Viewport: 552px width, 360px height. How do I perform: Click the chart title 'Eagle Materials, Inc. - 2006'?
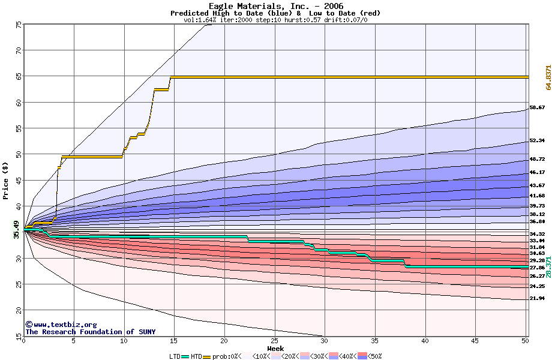pyautogui.click(x=276, y=6)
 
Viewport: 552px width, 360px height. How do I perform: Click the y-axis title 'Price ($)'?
pyautogui.click(x=6, y=180)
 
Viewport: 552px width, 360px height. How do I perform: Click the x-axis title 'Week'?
pyautogui.click(x=276, y=348)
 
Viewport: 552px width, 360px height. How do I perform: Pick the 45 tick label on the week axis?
pyautogui.click(x=475, y=341)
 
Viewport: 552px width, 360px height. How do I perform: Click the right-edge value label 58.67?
pyautogui.click(x=537, y=108)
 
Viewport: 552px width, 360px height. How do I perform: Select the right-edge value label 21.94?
pyautogui.click(x=537, y=298)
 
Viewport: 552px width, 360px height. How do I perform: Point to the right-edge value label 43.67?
pyautogui.click(x=537, y=185)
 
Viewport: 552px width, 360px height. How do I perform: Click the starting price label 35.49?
pyautogui.click(x=17, y=230)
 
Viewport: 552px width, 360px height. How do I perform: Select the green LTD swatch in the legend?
pyautogui.click(x=185, y=356)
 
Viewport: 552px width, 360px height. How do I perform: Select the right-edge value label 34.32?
pyautogui.click(x=537, y=234)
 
